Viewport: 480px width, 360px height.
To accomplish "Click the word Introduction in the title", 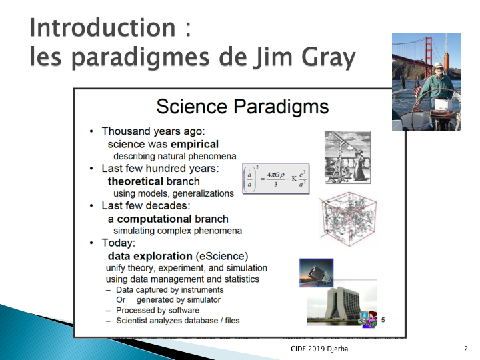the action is pyautogui.click(x=103, y=27).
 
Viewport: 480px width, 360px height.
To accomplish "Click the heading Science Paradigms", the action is pyautogui.click(x=243, y=107).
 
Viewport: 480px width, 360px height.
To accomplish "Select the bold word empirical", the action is pyautogui.click(x=195, y=144).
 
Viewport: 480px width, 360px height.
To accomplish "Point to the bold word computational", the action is pyautogui.click(x=154, y=219).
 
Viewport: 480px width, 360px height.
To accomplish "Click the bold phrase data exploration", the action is pyautogui.click(x=150, y=256).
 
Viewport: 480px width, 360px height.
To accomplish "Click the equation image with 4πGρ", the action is pyautogui.click(x=276, y=179).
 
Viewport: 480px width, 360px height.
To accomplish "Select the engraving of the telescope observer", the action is pyautogui.click(x=348, y=157).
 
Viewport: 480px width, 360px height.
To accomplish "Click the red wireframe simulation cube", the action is pyautogui.click(x=349, y=219).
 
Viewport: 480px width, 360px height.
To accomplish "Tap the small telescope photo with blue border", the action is pyautogui.click(x=316, y=273).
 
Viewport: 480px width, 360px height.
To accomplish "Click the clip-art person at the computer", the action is pyautogui.click(x=369, y=319).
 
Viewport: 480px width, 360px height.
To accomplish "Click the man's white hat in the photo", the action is pyautogui.click(x=439, y=65).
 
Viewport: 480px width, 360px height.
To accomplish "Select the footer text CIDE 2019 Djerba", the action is pyautogui.click(x=319, y=349).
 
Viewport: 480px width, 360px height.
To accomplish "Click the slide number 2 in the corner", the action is pyautogui.click(x=465, y=349).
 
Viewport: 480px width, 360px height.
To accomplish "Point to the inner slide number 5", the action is pyautogui.click(x=383, y=320).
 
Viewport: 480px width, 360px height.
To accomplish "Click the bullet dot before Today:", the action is pyautogui.click(x=91, y=243).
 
